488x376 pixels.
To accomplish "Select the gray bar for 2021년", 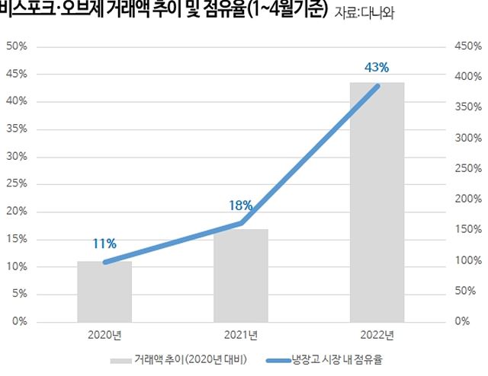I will [241, 275].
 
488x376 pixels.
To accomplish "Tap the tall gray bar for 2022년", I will [377, 202].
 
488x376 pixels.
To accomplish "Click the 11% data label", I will [104, 244].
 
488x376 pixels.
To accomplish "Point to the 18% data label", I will [240, 205].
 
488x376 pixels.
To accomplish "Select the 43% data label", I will [377, 68].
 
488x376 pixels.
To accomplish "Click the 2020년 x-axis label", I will [105, 334].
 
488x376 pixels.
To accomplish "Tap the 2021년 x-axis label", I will [241, 334].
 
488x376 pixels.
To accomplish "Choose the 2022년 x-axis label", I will [377, 334].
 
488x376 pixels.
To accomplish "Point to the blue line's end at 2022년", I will [377, 86].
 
